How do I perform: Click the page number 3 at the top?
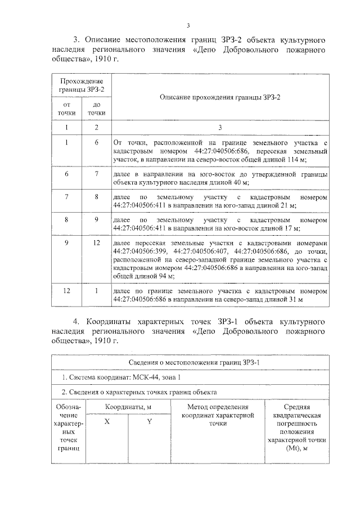point(188,25)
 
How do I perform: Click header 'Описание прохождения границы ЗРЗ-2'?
point(219,97)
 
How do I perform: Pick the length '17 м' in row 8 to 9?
point(292,229)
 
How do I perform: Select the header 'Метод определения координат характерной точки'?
point(217,414)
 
